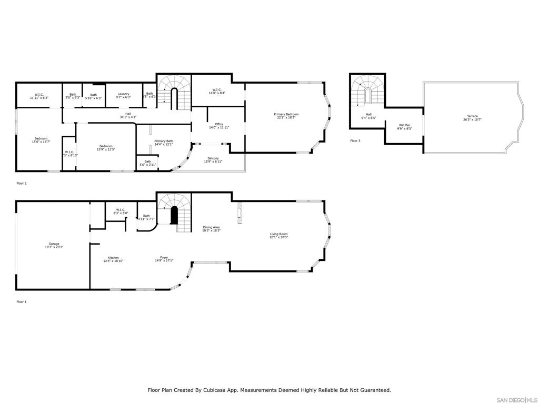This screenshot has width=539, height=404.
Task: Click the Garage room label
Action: [54, 244]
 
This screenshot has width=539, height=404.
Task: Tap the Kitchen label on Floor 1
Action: [113, 258]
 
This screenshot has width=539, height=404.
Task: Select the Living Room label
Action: [278, 234]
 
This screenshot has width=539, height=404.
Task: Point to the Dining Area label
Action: [212, 227]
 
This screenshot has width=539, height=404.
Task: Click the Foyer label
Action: [164, 258]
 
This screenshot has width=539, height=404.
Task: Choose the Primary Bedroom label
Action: [286, 114]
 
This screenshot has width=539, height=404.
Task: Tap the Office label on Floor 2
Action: [219, 124]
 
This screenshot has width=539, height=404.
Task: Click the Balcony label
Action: [213, 158]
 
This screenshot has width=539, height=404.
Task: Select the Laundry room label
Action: [123, 95]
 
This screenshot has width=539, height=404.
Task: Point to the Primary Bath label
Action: [164, 141]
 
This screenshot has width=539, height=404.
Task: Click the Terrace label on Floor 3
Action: [472, 116]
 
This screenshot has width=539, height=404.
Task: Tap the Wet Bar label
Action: [404, 125]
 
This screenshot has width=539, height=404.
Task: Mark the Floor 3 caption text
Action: [356, 141]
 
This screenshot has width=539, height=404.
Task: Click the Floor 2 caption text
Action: [21, 184]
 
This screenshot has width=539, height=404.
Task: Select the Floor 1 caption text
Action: [21, 302]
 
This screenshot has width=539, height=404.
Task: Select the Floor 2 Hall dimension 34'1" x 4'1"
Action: [128, 117]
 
